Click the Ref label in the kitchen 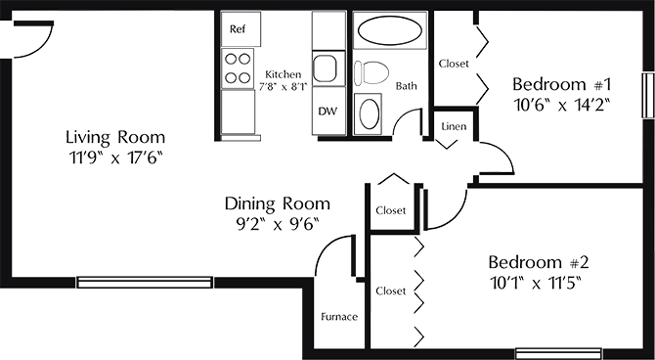click(x=238, y=29)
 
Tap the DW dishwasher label click(x=327, y=112)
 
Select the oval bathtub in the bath click(x=390, y=31)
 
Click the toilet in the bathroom click(x=371, y=72)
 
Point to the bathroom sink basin click(x=370, y=113)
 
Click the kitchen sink click(x=325, y=68)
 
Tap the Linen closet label click(x=454, y=126)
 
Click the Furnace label click(x=339, y=317)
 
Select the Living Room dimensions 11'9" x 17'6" click(x=115, y=157)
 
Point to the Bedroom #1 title click(x=562, y=84)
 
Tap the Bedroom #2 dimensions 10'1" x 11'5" click(x=537, y=284)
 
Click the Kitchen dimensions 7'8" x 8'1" click(x=283, y=87)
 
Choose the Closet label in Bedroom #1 click(x=454, y=64)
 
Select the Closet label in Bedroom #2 click(x=391, y=291)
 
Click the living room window click(x=145, y=283)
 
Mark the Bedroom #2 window click(x=558, y=354)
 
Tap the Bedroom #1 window click(x=648, y=95)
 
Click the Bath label click(x=406, y=86)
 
